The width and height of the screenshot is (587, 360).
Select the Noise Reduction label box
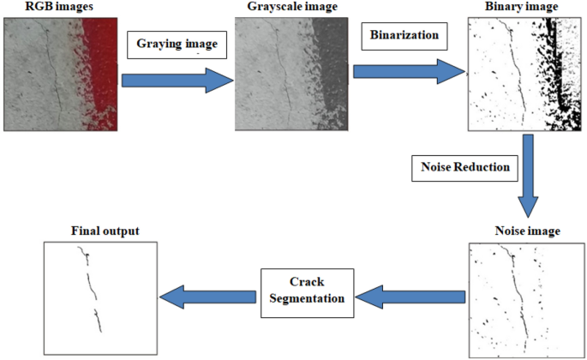coord(465,166)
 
